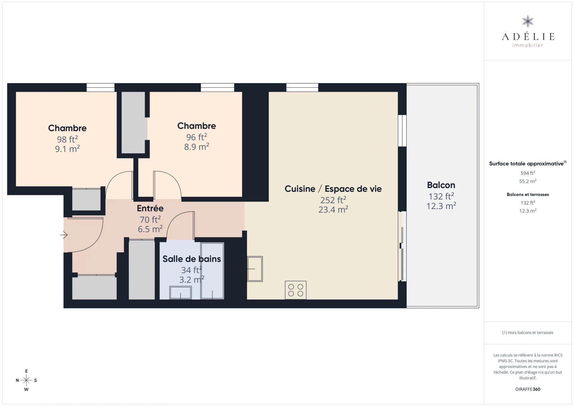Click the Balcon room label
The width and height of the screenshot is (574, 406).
pos(441,185)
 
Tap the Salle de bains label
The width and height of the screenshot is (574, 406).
pos(192,259)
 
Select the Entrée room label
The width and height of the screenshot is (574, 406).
pos(150,208)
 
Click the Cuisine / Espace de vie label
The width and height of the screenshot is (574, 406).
pos(333,189)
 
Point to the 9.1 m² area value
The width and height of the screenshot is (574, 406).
pos(67,149)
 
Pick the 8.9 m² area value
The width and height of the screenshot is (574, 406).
pos(196,146)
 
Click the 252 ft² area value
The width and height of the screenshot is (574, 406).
pos(333,200)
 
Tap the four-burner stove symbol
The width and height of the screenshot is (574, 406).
pos(296,290)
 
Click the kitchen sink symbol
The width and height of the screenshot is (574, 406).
pos(255,269)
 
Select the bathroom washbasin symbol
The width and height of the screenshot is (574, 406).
pos(181,292)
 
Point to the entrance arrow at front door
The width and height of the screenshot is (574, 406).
pos(64,235)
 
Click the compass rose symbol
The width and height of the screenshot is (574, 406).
pos(26,380)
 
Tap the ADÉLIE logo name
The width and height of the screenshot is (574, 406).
pos(528,37)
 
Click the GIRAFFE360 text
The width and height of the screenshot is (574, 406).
pos(528,389)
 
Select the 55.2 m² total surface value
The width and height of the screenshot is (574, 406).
pos(528,181)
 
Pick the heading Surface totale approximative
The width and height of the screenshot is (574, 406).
pos(526,164)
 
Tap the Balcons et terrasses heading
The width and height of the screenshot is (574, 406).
pos(528,194)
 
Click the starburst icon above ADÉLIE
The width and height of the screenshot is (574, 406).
pos(528,22)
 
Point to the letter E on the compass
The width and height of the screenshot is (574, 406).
pos(26,371)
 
